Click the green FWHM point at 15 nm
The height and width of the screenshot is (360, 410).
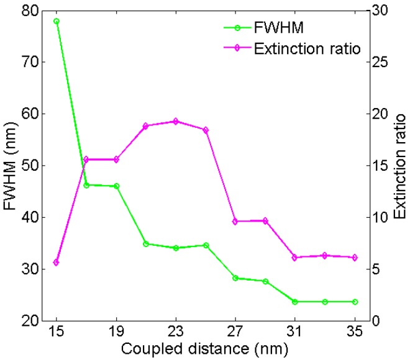tap(57, 21)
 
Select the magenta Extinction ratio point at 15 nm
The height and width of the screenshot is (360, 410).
tap(57, 263)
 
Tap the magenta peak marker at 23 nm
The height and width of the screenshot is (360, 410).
tap(176, 121)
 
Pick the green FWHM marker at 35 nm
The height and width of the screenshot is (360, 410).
tap(355, 302)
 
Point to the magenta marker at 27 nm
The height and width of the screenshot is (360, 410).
tap(235, 222)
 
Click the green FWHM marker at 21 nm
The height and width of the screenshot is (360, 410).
tap(146, 244)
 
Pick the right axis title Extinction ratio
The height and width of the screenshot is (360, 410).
tap(399, 166)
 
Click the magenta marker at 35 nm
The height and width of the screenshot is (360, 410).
tap(355, 258)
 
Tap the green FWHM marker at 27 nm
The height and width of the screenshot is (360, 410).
tap(235, 278)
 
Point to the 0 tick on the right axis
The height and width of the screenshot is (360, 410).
tap(376, 321)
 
